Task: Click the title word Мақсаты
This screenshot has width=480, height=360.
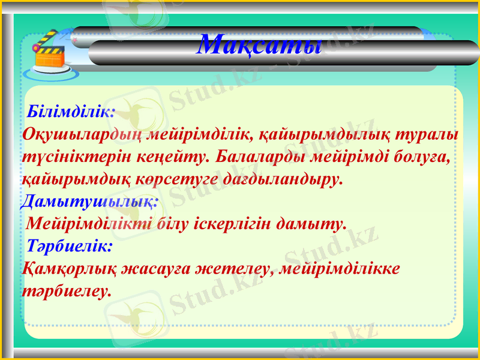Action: click(x=259, y=44)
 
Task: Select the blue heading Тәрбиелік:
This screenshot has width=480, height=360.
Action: click(x=70, y=246)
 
